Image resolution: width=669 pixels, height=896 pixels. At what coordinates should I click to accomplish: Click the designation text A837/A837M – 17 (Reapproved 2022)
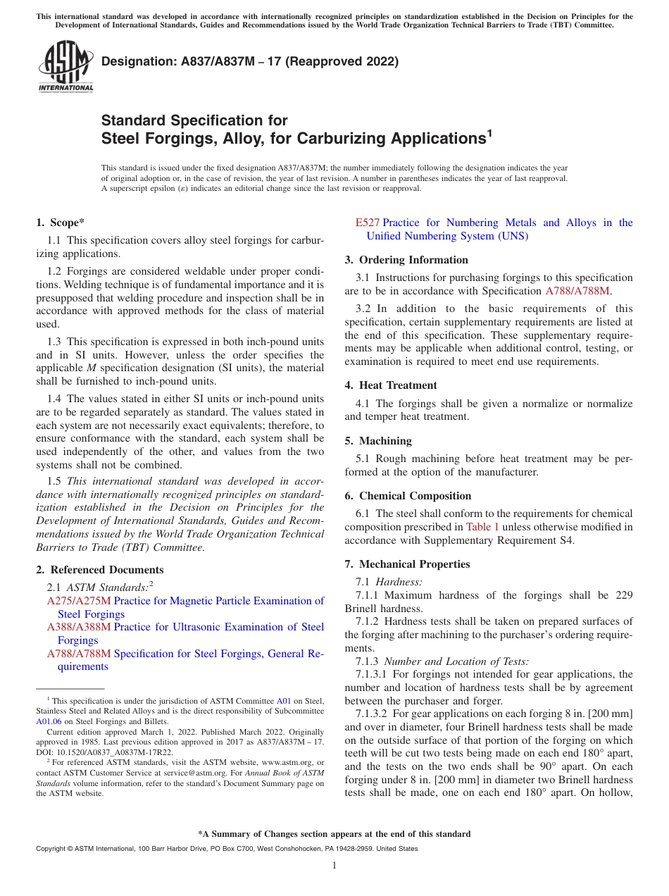click(250, 61)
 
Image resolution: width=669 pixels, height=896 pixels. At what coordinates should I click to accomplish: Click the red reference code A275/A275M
click(79, 601)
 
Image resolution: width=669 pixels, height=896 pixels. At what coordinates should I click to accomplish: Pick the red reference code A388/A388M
click(79, 627)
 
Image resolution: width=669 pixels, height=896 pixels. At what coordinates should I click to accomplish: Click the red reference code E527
click(367, 223)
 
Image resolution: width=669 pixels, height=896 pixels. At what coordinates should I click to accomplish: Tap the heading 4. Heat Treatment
click(391, 385)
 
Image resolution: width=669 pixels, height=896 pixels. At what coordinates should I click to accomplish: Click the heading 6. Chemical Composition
click(408, 496)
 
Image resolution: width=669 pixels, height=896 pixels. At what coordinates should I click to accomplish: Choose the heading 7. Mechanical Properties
click(407, 564)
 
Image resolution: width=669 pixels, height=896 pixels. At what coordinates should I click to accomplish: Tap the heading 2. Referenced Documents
click(99, 570)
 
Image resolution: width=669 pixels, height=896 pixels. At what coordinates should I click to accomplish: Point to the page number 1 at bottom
click(334, 866)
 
